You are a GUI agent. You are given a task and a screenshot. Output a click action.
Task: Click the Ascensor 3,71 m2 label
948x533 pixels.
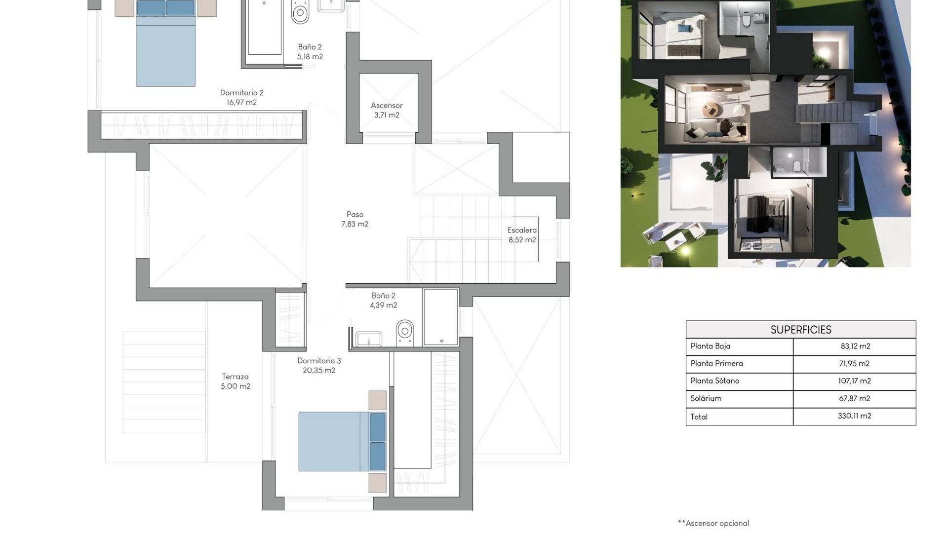[387, 110]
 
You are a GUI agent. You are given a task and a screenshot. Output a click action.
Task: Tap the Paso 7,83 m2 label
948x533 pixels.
[355, 219]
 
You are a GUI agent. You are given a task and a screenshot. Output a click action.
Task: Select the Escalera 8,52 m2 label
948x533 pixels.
[522, 235]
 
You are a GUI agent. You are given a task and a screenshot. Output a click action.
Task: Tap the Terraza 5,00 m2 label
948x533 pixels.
[236, 381]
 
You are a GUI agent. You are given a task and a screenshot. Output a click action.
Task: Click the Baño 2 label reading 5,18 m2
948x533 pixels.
[310, 52]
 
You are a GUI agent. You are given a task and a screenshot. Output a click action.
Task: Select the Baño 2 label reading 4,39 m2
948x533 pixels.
[384, 301]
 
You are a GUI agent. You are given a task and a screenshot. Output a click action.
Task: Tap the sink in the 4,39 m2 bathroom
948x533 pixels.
[369, 339]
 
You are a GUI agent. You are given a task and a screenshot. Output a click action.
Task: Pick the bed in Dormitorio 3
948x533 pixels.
[342, 442]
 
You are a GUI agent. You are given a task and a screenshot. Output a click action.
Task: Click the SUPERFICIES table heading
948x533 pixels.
[801, 330]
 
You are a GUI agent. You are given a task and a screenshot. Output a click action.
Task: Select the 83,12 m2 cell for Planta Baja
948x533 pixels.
[855, 346]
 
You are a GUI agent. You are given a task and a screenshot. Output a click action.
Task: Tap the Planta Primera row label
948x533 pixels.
[716, 364]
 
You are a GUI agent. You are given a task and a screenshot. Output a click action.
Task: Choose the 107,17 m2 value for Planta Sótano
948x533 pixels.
[855, 381]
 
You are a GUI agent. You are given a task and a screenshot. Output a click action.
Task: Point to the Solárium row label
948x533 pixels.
[706, 398]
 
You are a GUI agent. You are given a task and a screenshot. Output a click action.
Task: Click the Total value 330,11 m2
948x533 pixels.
[855, 416]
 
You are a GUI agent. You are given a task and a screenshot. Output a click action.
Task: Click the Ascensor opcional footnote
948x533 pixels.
[713, 523]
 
